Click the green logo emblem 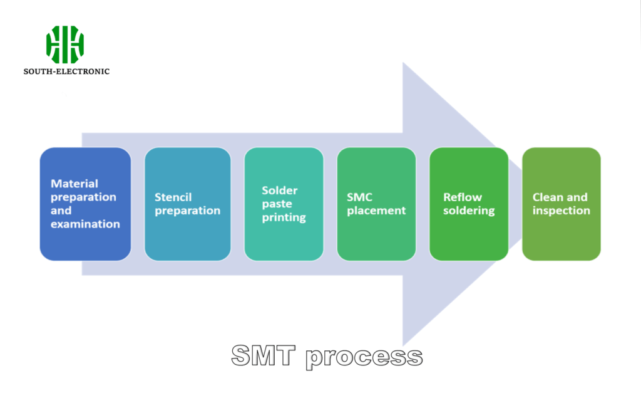pyautogui.click(x=65, y=44)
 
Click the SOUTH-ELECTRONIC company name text pyautogui.click(x=66, y=71)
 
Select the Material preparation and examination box pyautogui.click(x=85, y=204)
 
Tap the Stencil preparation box pyautogui.click(x=187, y=204)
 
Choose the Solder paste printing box pyautogui.click(x=284, y=204)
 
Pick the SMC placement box pyautogui.click(x=376, y=204)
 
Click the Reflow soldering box pyautogui.click(x=469, y=204)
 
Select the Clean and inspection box pyautogui.click(x=562, y=204)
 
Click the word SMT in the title pyautogui.click(x=263, y=355)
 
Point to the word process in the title pyautogui.click(x=364, y=357)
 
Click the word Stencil pyautogui.click(x=173, y=197)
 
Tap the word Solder pyautogui.click(x=279, y=190)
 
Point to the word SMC pyautogui.click(x=360, y=197)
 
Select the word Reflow pyautogui.click(x=463, y=197)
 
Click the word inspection pyautogui.click(x=561, y=211)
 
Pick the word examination pyautogui.click(x=85, y=224)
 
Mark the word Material pyautogui.click(x=74, y=184)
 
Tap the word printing pyautogui.click(x=284, y=217)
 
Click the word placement pyautogui.click(x=376, y=211)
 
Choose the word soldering pyautogui.click(x=469, y=211)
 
